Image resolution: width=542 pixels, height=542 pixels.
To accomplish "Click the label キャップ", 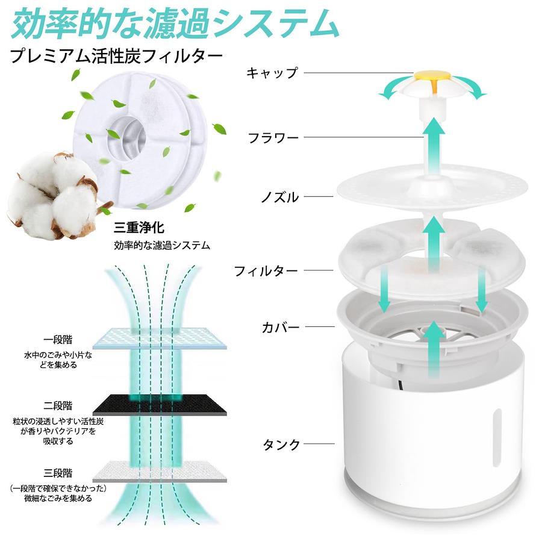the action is [x=272, y=73].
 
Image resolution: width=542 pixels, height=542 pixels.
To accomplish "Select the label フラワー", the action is [x=273, y=138].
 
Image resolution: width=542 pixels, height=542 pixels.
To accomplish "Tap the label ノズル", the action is [x=279, y=197].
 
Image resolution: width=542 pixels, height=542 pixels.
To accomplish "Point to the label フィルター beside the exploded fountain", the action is [x=266, y=270].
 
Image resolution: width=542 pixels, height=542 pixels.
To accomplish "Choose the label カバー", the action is [x=280, y=327].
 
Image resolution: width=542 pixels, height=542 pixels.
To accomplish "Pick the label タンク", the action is [x=281, y=444].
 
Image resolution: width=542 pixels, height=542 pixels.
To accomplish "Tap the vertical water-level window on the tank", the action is [x=497, y=438].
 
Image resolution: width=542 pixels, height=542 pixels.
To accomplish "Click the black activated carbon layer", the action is [x=160, y=405].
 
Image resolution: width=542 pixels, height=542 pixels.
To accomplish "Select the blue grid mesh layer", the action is [x=160, y=338].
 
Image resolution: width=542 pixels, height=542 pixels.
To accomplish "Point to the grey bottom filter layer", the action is [x=160, y=472].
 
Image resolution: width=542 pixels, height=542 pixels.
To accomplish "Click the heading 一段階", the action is [x=58, y=340].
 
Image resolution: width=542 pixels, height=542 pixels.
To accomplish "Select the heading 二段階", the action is [x=58, y=405].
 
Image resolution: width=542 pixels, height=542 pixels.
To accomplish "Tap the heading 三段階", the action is [x=58, y=473].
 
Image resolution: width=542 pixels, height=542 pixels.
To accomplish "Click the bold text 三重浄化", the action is [x=139, y=228].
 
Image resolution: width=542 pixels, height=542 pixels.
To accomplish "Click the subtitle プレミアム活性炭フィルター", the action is [x=116, y=56].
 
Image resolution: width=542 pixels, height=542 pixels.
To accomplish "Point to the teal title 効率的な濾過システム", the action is [x=175, y=22].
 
